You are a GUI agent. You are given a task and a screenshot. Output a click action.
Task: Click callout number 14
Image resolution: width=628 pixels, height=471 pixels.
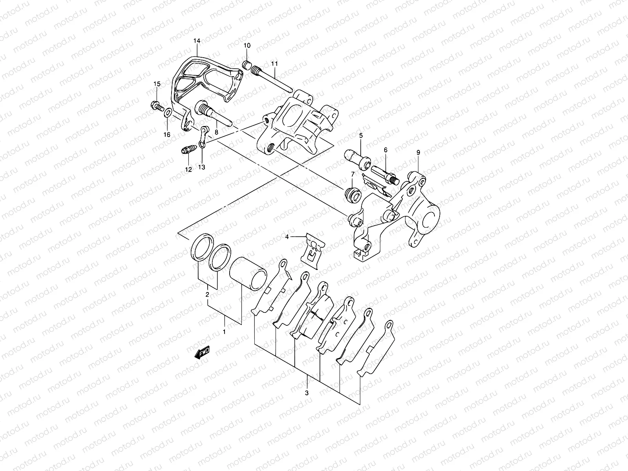point(197,41)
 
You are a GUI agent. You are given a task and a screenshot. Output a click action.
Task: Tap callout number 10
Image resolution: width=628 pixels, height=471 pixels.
point(246,46)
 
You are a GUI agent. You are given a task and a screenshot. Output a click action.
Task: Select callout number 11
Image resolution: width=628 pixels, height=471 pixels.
point(274,64)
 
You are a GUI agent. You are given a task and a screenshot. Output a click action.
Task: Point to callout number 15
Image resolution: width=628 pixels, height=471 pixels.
point(157,84)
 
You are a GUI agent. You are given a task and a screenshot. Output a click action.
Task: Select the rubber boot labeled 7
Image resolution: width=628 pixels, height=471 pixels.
point(352,194)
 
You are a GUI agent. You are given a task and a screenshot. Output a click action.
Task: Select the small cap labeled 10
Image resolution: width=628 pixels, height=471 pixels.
point(246,65)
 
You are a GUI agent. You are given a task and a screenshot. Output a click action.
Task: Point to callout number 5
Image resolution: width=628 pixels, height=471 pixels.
point(360,135)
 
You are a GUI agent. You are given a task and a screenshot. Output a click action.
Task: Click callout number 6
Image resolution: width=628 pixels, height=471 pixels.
point(385,150)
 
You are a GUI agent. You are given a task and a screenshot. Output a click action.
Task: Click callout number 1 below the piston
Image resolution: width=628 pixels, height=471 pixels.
point(225,332)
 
